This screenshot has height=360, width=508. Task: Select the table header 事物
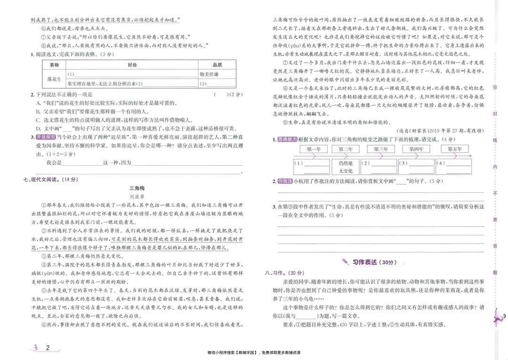click(x=53, y=65)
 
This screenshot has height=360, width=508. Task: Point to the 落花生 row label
click(x=53, y=79)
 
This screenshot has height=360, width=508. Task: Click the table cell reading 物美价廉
click(x=209, y=74)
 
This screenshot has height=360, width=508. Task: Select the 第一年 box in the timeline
click(x=313, y=149)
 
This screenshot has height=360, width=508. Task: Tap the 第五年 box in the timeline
click(x=455, y=149)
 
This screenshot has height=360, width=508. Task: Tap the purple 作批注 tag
click(x=285, y=181)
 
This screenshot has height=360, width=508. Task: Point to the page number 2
click(x=48, y=348)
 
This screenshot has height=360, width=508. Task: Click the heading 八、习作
click(x=283, y=273)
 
